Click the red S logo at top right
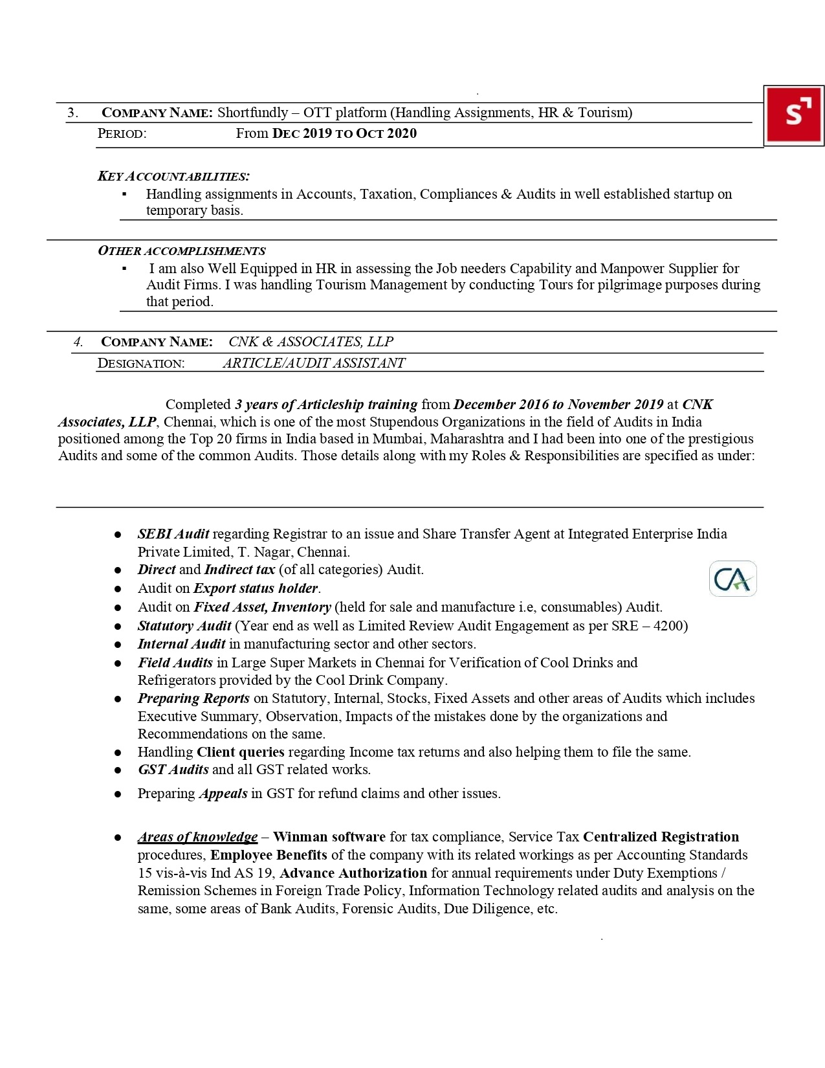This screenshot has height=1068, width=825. pos(793,116)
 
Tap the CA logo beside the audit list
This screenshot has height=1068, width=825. pos(732,579)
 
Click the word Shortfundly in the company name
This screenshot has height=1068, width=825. pos(252,113)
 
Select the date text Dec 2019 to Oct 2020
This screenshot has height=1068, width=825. pos(344,133)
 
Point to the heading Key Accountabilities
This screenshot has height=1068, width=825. pos(173,176)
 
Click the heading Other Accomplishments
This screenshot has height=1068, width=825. pos(181,251)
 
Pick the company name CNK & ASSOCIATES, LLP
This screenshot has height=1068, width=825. pos(311,342)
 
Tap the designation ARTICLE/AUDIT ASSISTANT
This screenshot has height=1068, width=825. pos(314,363)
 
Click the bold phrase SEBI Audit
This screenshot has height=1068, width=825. pos(173,534)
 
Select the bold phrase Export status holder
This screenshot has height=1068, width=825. pos(256,588)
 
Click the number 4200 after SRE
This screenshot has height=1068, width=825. pos(671,626)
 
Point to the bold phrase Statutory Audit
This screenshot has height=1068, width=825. pos(184,626)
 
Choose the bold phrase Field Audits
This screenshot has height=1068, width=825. pos(175,663)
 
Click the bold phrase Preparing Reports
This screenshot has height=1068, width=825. pos(193,698)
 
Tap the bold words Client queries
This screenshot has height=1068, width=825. pos(241,752)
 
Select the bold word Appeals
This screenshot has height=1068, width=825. pos(223,794)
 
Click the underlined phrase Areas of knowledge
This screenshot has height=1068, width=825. pos(197,837)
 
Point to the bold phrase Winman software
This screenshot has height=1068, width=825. pos(329,837)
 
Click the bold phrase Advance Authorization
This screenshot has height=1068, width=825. pos(353,873)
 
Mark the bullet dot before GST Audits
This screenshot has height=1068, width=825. pos(118,770)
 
